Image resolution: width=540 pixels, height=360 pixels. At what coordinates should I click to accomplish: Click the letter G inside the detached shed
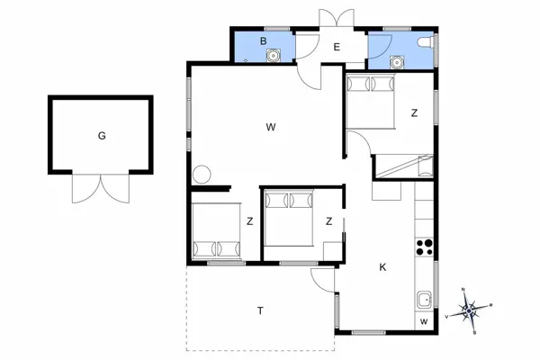[102, 136]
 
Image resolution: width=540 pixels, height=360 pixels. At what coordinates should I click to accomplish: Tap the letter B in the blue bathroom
[264, 41]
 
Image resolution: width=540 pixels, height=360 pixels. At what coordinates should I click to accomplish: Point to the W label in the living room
[270, 127]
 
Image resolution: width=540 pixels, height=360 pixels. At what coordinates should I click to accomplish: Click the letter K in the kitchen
[382, 267]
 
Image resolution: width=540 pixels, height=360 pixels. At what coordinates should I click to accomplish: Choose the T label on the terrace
[260, 310]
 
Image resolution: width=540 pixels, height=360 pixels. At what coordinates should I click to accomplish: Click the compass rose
[469, 311]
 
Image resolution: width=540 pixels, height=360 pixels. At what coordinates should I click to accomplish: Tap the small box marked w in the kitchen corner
[423, 321]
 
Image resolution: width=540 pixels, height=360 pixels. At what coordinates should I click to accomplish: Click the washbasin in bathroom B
[272, 56]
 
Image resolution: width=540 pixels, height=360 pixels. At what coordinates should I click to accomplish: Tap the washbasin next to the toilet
[397, 61]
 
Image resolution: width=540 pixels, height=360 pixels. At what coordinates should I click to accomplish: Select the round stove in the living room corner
[202, 173]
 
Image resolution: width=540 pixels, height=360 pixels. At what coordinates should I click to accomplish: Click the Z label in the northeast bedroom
[414, 113]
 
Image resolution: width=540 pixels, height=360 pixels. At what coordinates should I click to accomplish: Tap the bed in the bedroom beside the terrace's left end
[217, 231]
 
